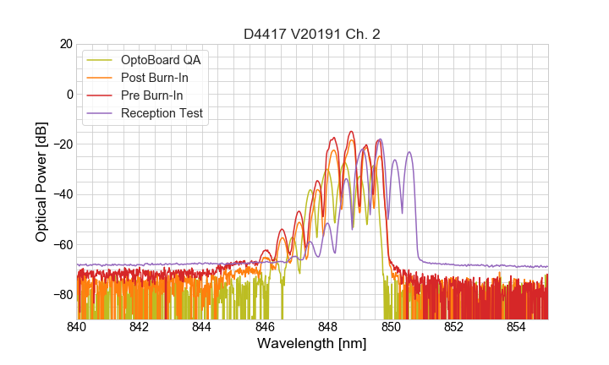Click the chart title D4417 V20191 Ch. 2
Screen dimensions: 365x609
[312, 35]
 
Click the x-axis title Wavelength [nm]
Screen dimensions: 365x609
[312, 344]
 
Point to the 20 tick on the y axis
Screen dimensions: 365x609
[63, 44]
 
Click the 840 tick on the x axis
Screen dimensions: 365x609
[77, 326]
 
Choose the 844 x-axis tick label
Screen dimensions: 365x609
[202, 326]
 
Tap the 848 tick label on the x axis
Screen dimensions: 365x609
[328, 326]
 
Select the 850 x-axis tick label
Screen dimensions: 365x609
[391, 326]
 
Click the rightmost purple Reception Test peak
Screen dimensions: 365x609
[409, 153]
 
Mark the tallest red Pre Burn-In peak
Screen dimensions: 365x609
[350, 132]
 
